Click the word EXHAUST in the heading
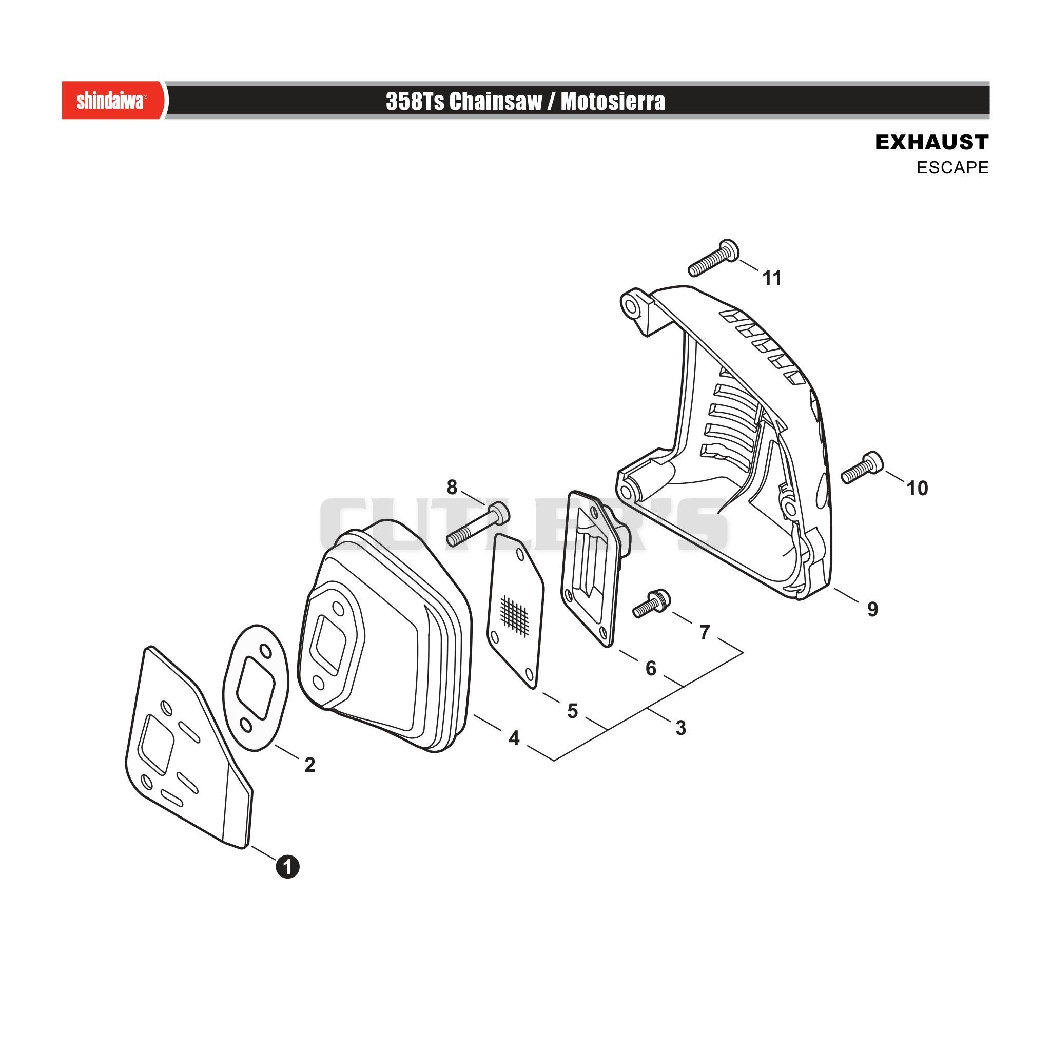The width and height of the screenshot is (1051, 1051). coord(931,142)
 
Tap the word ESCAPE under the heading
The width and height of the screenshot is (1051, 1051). coord(952,167)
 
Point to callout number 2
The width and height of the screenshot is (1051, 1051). coord(309,765)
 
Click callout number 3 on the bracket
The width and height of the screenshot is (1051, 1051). coord(680,728)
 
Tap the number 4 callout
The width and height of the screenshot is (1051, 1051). coord(514,738)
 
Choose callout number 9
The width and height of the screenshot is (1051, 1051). coord(872,609)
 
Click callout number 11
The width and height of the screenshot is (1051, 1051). coord(772,278)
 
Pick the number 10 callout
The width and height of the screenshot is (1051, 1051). coord(917,489)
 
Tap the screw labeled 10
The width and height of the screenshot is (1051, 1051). coord(862,468)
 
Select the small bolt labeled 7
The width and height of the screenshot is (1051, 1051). coord(652,604)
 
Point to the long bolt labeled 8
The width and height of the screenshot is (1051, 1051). coord(478,524)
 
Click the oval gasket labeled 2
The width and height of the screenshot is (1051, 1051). coord(255,688)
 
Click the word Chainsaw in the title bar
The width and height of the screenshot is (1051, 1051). coord(496,102)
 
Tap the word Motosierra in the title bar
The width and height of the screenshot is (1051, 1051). coord(613,102)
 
